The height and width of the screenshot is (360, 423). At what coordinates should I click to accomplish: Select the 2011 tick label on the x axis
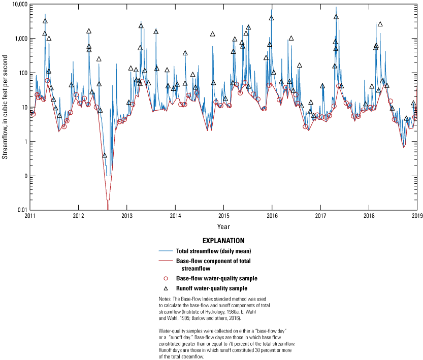point(30,216)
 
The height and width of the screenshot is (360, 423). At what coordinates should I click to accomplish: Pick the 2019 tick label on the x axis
point(417,216)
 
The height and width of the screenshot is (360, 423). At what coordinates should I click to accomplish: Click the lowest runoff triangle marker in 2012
point(105,155)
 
